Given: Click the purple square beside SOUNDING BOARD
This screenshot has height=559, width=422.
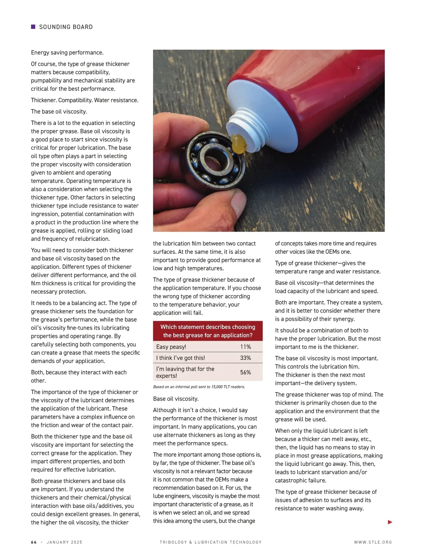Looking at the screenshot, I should pyautogui.click(x=33, y=27).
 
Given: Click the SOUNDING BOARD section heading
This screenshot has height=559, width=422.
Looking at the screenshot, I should pyautogui.click(x=66, y=27).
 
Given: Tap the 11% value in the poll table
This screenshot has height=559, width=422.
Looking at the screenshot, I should pyautogui.click(x=245, y=347).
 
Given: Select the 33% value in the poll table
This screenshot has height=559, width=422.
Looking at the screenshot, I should pyautogui.click(x=245, y=358).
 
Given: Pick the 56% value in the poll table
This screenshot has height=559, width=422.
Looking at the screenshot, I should pyautogui.click(x=245, y=372).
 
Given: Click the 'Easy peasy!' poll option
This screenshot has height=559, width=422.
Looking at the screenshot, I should pyautogui.click(x=171, y=347).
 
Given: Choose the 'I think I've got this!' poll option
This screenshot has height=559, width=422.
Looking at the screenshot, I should pyautogui.click(x=180, y=358).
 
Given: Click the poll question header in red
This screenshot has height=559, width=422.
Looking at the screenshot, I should pyautogui.click(x=208, y=331).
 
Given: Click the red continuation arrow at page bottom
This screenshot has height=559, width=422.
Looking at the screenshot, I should pyautogui.click(x=390, y=522).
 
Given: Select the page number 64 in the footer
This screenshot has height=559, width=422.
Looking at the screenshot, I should pyautogui.click(x=34, y=542).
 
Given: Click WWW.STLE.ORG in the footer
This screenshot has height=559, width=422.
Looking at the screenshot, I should pyautogui.click(x=373, y=542).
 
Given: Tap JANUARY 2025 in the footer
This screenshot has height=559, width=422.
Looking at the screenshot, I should pyautogui.click(x=64, y=542).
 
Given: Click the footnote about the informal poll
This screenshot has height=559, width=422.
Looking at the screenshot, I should pyautogui.click(x=199, y=387).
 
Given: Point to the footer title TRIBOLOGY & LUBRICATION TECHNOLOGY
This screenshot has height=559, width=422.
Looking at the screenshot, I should pyautogui.click(x=211, y=542).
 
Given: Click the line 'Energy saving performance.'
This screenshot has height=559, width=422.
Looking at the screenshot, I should pyautogui.click(x=67, y=53).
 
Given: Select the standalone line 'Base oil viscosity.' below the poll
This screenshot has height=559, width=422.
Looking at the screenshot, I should pyautogui.click(x=176, y=399).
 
